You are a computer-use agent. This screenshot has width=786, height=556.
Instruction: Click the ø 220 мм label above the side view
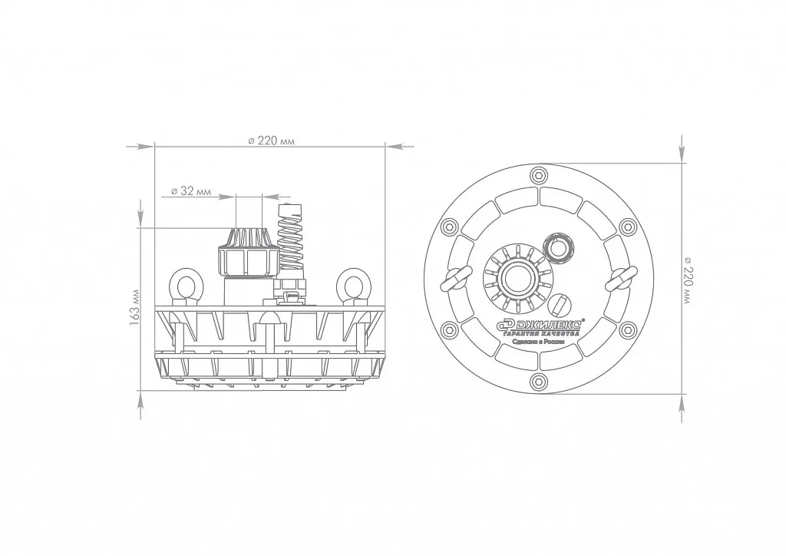tap(271, 141)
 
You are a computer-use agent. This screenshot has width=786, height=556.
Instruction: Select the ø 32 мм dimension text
tap(191, 191)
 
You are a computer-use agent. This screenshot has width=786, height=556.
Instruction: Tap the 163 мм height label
tap(134, 308)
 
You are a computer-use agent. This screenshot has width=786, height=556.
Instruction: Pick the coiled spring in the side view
tap(291, 236)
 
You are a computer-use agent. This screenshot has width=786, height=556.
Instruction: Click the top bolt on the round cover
tap(539, 175)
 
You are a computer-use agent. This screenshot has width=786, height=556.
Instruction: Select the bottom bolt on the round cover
tap(539, 381)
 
